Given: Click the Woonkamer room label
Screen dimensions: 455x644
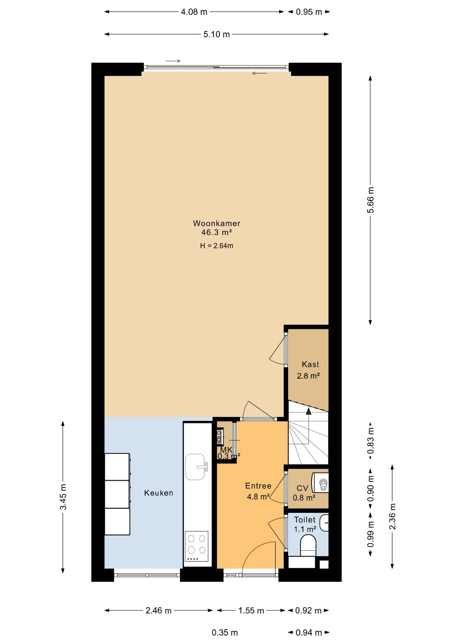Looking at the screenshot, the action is (x=216, y=223).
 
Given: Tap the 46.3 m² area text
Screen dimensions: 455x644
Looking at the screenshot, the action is (x=216, y=232).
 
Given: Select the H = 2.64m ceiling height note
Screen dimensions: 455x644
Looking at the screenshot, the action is (x=216, y=246).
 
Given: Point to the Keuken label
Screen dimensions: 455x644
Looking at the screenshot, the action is (x=158, y=493).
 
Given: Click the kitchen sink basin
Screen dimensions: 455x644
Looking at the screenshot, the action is (x=195, y=467).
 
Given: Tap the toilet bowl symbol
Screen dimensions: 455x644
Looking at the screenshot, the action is (x=308, y=545).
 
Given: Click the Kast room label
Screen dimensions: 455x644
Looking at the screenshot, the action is (x=310, y=364).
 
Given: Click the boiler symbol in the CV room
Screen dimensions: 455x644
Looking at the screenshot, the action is (x=321, y=483).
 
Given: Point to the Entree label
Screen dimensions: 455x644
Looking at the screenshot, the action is (x=258, y=486).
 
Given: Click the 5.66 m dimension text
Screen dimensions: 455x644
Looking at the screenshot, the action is (x=371, y=200).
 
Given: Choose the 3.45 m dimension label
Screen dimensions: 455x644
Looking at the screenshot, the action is (x=63, y=497).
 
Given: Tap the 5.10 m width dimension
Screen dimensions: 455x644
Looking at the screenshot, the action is (x=216, y=34).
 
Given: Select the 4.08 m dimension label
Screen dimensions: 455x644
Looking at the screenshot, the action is (x=194, y=12).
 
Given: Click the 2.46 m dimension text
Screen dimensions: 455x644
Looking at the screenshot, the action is (x=158, y=610).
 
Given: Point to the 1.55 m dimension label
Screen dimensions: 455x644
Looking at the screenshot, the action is (x=251, y=610).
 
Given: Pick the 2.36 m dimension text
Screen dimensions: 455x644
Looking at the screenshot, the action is (x=392, y=517).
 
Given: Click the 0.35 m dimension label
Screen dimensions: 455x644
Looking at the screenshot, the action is (x=225, y=633).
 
